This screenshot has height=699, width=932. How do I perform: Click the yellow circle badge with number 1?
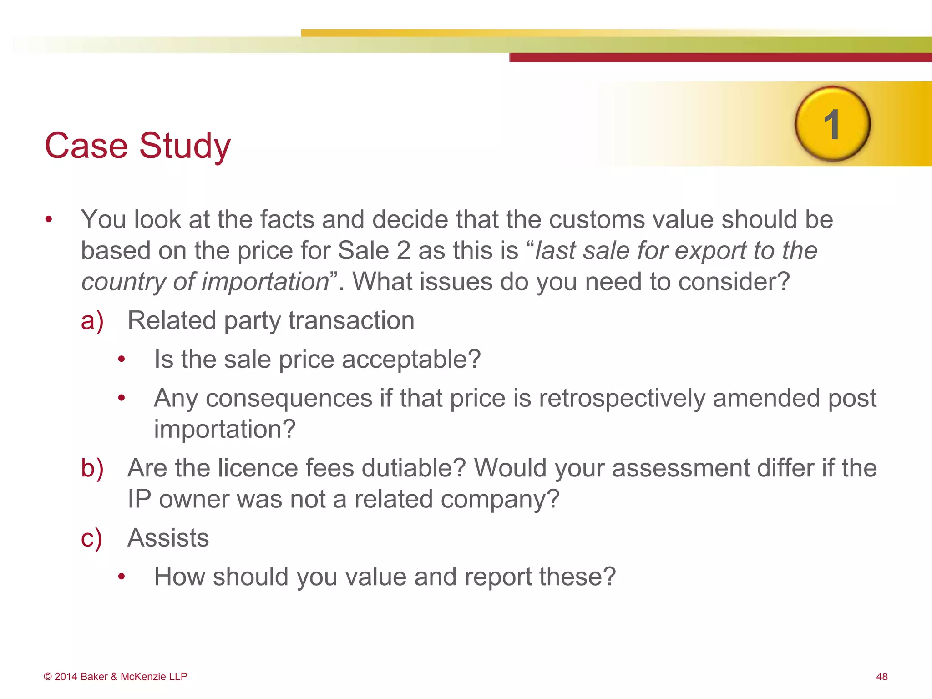point(832,124)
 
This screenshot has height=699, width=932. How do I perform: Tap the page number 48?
point(881,677)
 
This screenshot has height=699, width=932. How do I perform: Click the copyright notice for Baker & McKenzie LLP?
point(116,677)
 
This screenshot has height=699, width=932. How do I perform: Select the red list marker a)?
point(92,321)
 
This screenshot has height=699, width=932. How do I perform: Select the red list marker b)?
point(92,468)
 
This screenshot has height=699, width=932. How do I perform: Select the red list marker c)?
point(91,538)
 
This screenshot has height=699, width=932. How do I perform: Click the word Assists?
point(168,538)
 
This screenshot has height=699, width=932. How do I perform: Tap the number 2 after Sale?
point(403,251)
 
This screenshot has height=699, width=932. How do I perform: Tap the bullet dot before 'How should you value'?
point(121,577)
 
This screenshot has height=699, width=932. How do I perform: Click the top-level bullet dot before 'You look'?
point(49,220)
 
